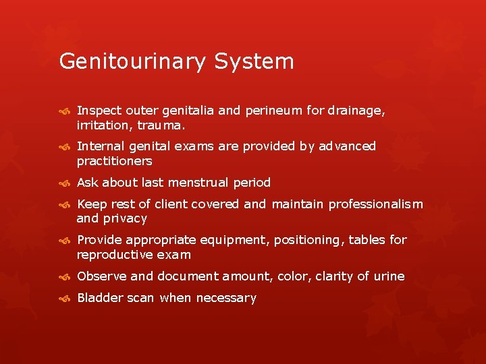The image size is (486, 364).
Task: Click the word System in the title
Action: click(254, 62)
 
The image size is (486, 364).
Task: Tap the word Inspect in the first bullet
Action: click(98, 111)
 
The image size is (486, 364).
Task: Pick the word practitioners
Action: click(115, 161)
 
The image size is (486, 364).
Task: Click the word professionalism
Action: click(376, 204)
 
